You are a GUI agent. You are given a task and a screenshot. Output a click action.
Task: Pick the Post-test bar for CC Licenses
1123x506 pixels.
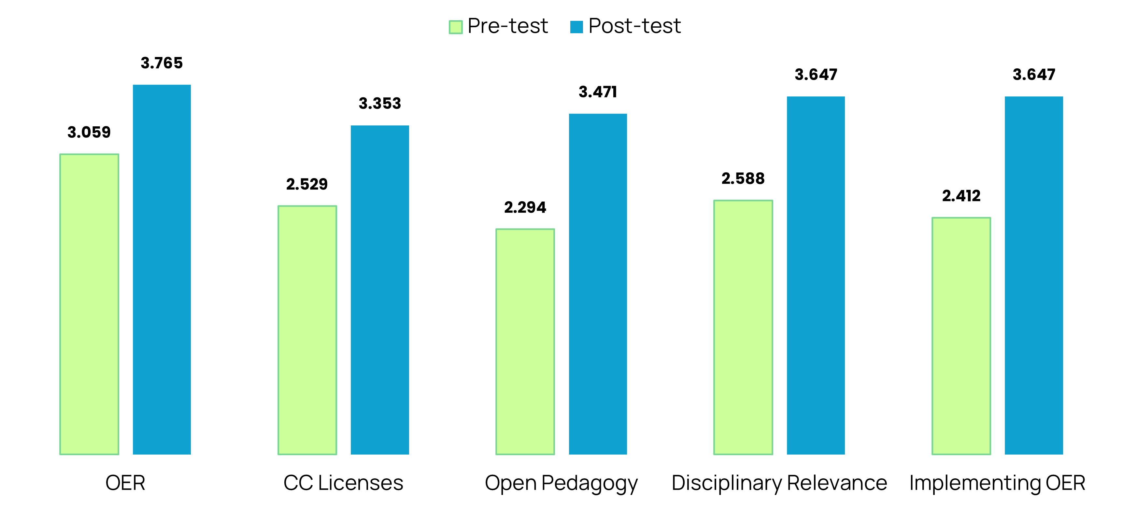[x=380, y=290]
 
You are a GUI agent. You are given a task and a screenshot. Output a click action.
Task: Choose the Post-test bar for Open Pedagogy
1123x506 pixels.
[x=598, y=284]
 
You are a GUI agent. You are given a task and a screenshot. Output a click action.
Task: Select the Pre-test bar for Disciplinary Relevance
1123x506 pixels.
[x=743, y=327]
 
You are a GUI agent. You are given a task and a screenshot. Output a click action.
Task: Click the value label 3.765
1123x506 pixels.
[x=162, y=63]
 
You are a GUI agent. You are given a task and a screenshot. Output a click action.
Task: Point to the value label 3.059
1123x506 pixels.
[x=89, y=132]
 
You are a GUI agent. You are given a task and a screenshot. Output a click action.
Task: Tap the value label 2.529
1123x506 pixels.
[x=307, y=184]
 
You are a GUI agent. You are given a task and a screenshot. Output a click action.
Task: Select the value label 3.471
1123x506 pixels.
[x=598, y=92]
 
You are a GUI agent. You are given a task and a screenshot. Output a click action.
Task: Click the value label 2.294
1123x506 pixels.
[x=525, y=207]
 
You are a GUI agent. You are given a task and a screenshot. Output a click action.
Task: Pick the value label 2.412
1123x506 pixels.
[x=961, y=196]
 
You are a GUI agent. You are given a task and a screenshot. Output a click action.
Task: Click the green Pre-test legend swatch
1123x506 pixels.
[x=456, y=27]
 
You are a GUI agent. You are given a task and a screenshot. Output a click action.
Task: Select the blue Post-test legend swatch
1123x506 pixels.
[x=576, y=27]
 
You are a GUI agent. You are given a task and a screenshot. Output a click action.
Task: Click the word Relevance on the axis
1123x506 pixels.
[x=837, y=483]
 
